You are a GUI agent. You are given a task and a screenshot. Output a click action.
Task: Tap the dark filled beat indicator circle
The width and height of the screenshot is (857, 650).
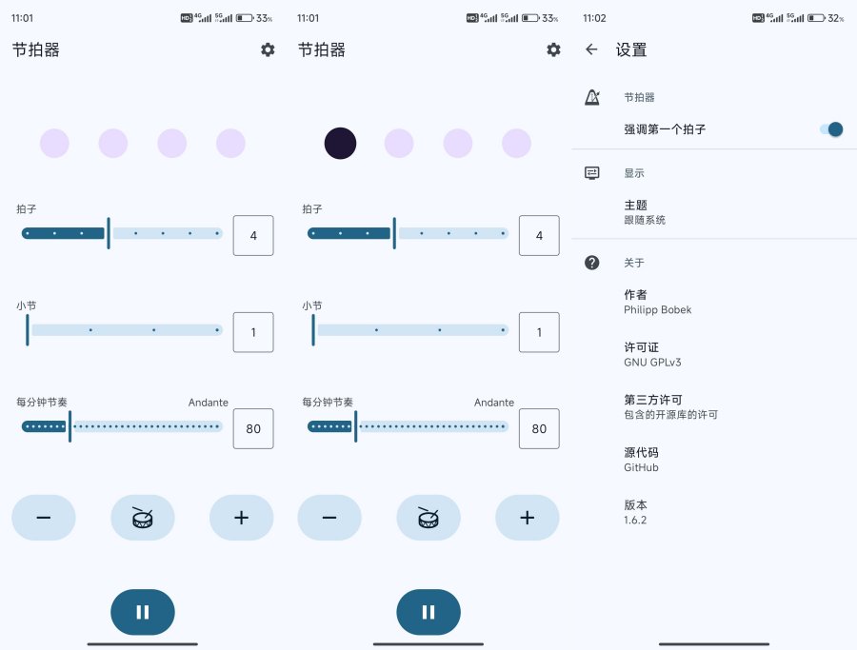tap(340, 143)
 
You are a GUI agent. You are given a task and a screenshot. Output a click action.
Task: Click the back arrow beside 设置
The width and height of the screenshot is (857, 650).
tap(591, 49)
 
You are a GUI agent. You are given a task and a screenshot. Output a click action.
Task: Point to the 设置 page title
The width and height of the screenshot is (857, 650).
tap(631, 49)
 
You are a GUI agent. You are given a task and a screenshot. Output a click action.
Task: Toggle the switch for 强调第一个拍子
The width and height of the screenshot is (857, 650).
tap(831, 129)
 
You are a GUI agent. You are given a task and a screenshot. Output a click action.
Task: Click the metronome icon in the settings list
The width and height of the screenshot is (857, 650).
tap(592, 97)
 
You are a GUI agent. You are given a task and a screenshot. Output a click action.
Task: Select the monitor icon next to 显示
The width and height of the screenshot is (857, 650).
tap(592, 173)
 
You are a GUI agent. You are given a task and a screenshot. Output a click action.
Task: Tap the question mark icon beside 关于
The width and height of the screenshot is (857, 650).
tap(592, 263)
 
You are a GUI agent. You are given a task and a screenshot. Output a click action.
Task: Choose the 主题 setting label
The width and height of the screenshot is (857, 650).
tap(636, 205)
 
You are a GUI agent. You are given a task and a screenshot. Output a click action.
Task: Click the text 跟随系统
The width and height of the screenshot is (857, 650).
tap(645, 220)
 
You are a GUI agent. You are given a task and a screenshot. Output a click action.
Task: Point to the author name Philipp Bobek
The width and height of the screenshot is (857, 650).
tap(657, 309)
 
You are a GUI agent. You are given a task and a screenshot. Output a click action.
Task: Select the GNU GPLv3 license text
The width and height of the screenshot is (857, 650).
tap(652, 363)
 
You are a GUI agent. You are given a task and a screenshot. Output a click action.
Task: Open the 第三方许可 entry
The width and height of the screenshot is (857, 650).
tap(653, 400)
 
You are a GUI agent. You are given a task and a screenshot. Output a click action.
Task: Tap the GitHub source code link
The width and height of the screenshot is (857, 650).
tap(641, 467)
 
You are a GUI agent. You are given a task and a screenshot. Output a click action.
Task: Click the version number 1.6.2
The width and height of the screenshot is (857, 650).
tap(635, 520)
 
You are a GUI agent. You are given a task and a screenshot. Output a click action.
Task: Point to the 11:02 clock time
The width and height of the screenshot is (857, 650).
tap(594, 18)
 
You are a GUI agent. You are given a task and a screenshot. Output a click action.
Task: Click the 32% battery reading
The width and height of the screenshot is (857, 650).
tap(836, 18)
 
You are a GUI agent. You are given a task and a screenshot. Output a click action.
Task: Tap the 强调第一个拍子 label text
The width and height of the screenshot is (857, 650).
tap(665, 129)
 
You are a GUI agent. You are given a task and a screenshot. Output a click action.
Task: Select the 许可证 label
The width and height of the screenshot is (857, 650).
tap(641, 346)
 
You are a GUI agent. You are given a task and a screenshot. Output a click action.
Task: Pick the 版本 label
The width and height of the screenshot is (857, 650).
tap(636, 504)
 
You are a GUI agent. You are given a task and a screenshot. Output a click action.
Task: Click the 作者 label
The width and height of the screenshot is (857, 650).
tap(636, 294)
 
